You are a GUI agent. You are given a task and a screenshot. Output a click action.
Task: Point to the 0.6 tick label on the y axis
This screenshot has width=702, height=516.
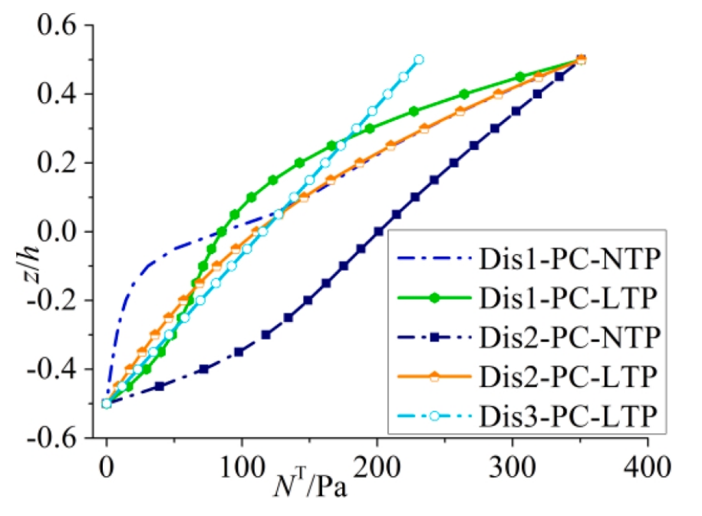60,26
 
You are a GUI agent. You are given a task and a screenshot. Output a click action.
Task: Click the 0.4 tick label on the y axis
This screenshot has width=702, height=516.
60,94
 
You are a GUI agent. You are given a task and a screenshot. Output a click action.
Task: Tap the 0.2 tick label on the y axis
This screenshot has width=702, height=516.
60,164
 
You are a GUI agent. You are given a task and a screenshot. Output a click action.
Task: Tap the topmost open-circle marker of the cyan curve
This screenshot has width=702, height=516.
418,60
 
